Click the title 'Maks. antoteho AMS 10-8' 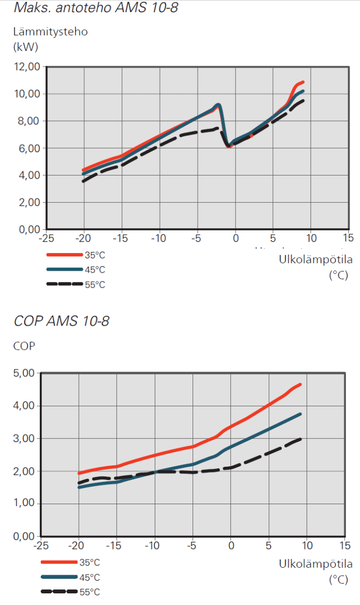(x=96, y=8)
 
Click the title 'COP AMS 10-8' (x=62, y=321)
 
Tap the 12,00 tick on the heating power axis (x=26, y=67)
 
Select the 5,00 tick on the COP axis (x=23, y=373)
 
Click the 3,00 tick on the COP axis (x=23, y=439)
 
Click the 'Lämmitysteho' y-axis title (x=50, y=32)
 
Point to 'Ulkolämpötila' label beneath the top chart (x=316, y=260)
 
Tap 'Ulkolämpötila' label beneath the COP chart (x=316, y=564)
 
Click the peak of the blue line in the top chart (x=218, y=105)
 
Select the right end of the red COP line (x=300, y=385)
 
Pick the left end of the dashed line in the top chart (x=84, y=180)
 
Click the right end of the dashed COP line (x=301, y=439)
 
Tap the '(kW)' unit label (x=26, y=48)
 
